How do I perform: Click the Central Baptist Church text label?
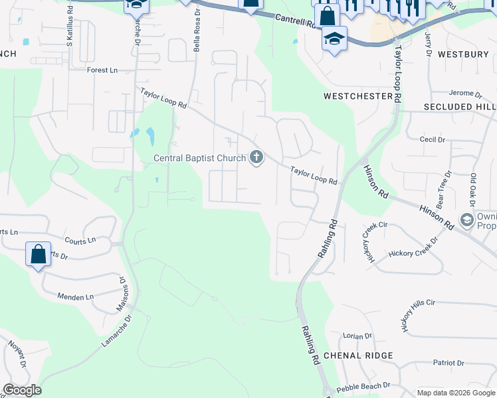click(200, 158)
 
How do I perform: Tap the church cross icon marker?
click(256, 158)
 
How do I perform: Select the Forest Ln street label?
click(102, 69)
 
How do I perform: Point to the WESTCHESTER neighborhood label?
click(358, 96)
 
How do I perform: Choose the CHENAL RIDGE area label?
click(359, 356)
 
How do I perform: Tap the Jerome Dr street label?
click(465, 94)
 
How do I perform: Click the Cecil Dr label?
click(432, 139)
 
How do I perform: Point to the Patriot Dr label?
click(448, 363)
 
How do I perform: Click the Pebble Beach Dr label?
click(363, 387)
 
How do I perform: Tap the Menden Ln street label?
click(75, 297)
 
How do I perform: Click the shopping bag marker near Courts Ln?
click(39, 254)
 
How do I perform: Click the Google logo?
click(22, 390)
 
